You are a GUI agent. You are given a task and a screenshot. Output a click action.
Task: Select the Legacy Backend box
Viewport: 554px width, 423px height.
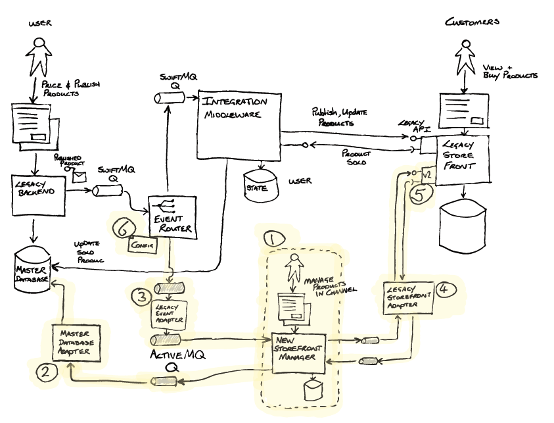[38, 194]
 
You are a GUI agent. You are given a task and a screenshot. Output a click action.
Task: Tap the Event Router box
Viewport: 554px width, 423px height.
[169, 216]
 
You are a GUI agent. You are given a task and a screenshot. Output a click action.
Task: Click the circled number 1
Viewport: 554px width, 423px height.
[271, 237]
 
